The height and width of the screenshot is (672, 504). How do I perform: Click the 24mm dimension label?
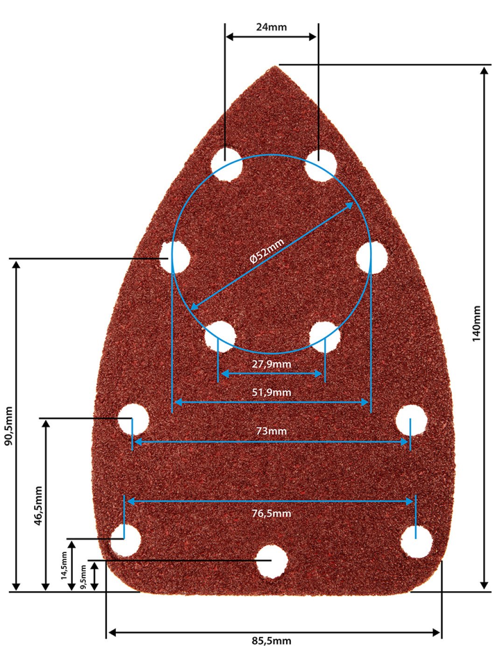coord(272,27)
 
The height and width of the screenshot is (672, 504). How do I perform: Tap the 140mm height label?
coord(476,323)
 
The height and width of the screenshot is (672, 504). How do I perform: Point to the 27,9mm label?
coord(272,364)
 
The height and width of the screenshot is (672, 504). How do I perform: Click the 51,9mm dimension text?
coord(272,392)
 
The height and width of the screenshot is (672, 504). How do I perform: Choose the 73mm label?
coord(272,431)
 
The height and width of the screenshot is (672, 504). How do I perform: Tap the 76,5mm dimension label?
coord(272,513)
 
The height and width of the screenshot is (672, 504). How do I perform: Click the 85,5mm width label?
coord(272,641)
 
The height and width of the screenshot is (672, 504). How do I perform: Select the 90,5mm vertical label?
coord(9,426)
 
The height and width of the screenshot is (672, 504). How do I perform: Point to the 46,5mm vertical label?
coord(38,505)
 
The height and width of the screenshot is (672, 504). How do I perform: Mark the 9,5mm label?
coord(83,577)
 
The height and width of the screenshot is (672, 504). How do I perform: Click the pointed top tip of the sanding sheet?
coord(275,66)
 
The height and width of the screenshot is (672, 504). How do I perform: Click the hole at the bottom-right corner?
coord(417,542)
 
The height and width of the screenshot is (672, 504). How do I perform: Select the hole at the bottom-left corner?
coord(126,541)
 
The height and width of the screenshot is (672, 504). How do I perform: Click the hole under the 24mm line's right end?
coord(321,166)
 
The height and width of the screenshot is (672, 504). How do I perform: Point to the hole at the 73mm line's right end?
coord(411,420)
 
